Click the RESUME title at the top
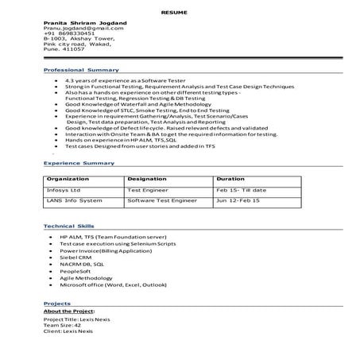(x=180, y=14)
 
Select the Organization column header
(x=68, y=180)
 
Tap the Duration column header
(x=230, y=180)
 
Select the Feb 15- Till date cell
(x=242, y=191)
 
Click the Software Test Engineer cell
(x=161, y=202)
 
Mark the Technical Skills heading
(x=69, y=226)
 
